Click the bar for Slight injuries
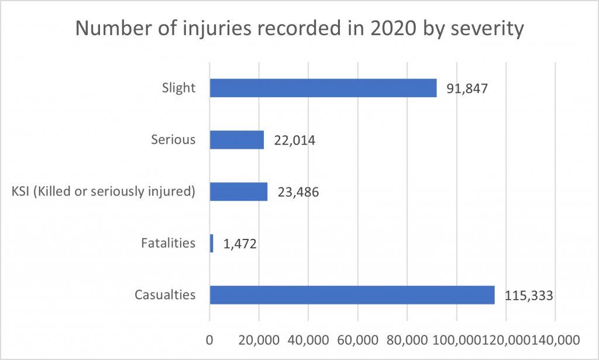click(x=323, y=88)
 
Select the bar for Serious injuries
click(x=237, y=140)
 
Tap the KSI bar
click(x=239, y=191)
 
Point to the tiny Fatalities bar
click(x=212, y=243)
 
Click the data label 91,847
click(x=466, y=89)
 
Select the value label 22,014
click(x=294, y=140)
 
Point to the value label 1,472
click(x=239, y=244)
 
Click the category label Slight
click(x=178, y=88)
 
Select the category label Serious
click(x=173, y=140)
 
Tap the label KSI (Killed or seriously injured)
click(x=103, y=191)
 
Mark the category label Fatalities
click(x=168, y=243)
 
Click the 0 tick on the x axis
click(x=209, y=340)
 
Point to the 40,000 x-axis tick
click(x=308, y=340)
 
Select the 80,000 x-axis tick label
click(x=407, y=340)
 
